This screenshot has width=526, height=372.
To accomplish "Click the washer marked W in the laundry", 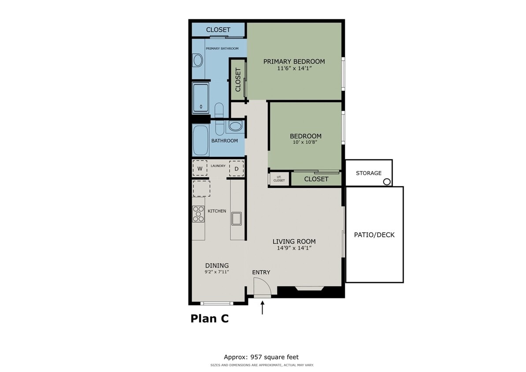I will (200, 168).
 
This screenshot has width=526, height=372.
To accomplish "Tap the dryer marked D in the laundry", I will (236, 168).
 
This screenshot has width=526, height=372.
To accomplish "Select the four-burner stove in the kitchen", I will (198, 214).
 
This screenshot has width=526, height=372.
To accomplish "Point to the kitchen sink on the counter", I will (237, 218).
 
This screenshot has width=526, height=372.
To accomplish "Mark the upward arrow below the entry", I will (263, 307).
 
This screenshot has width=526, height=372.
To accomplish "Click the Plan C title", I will (209, 319).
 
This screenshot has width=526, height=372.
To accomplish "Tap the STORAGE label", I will (368, 173).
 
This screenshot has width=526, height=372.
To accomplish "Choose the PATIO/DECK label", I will (374, 235).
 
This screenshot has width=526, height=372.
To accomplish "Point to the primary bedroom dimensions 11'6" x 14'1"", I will (294, 69).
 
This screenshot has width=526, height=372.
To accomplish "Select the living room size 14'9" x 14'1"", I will (294, 248).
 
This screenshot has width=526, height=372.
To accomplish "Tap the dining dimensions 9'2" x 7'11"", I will (217, 272).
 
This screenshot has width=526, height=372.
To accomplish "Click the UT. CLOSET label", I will (279, 179).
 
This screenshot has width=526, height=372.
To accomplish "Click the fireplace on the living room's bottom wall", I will (310, 289).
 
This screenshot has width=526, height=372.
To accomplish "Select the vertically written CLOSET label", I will (238, 80).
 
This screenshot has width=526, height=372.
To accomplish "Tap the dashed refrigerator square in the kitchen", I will (201, 188).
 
